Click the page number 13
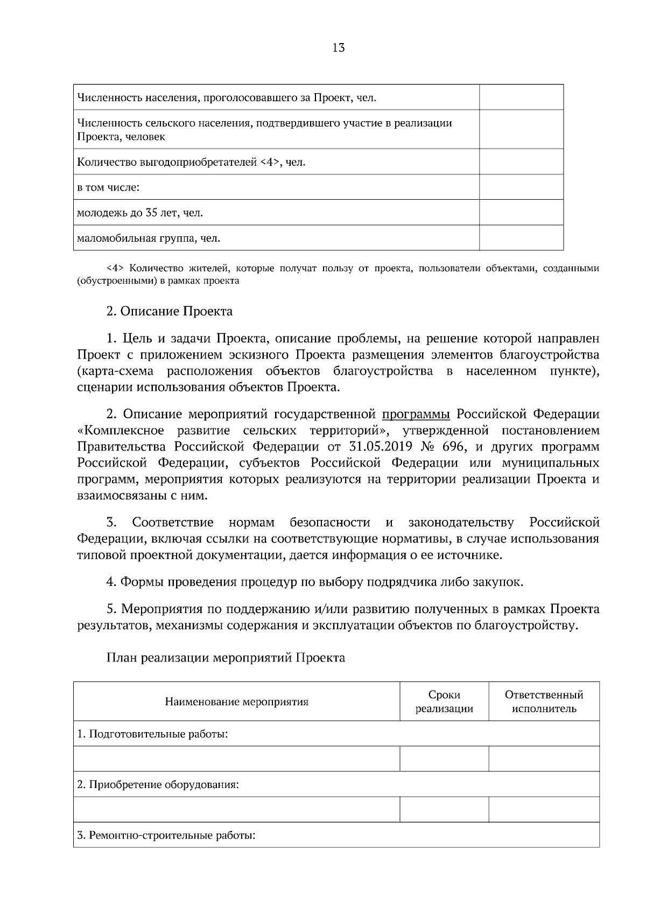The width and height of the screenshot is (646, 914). [x=339, y=47]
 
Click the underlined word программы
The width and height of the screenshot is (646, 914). [x=416, y=414]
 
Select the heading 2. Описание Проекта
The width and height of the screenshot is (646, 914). [x=170, y=311]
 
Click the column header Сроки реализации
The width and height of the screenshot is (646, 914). [x=444, y=701]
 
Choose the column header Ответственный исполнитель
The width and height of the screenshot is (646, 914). [x=544, y=701]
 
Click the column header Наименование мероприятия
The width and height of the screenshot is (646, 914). [x=236, y=702]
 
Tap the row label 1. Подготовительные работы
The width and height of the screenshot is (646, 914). [x=152, y=734]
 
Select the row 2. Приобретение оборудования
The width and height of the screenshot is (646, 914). [x=158, y=784]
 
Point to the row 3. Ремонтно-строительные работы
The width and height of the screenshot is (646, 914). [x=166, y=835]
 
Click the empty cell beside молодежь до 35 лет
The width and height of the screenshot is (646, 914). [x=521, y=212]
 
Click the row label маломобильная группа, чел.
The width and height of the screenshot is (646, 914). [x=149, y=238]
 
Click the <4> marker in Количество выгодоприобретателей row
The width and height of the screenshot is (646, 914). [x=270, y=162]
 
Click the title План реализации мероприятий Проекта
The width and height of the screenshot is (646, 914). [x=226, y=658]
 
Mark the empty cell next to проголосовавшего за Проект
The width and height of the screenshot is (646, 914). [x=521, y=97]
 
